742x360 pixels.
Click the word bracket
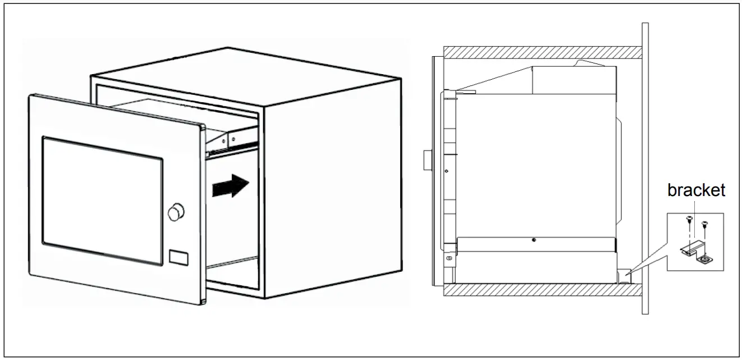[696, 191]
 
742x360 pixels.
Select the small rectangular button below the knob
[178, 256]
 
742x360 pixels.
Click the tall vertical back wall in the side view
[645, 168]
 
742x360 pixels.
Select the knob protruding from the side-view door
[428, 160]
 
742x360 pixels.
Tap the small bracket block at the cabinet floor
[624, 275]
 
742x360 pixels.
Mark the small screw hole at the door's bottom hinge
[448, 258]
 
